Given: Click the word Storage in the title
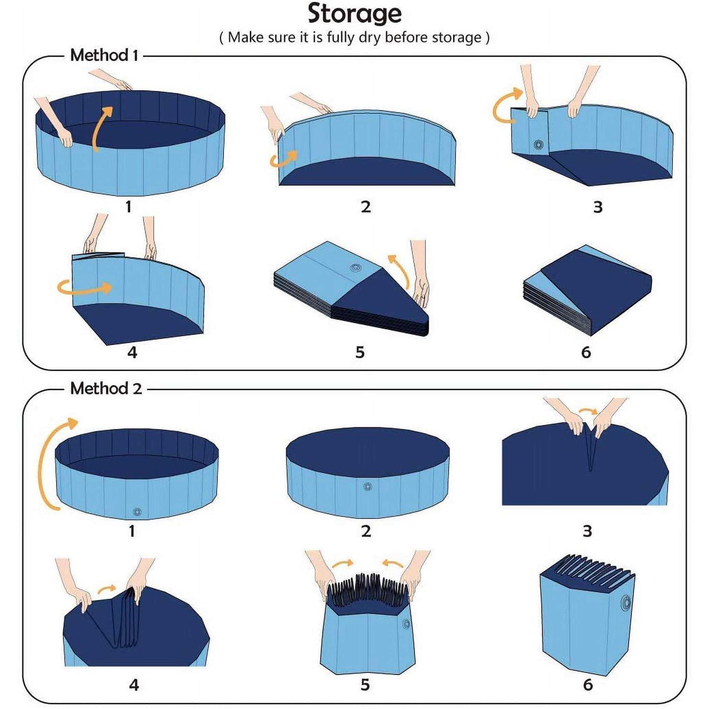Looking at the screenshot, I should pos(354,14).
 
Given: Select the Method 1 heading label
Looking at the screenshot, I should pos(104,55).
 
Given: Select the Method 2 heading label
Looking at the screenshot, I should pos(106,389).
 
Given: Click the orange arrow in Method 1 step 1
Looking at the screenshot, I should pos(101,127).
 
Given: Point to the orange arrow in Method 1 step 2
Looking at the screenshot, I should pos(284,159).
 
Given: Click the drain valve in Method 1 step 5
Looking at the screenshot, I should pos(356,268).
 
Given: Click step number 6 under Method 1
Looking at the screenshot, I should pos(586,352).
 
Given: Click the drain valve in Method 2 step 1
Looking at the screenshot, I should pos(137,511).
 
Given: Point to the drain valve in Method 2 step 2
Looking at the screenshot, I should pos(367,486).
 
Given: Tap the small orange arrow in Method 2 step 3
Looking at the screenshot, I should pos(588,411).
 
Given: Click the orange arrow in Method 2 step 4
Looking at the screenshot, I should pos(106,589).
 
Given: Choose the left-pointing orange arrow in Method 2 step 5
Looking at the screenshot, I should pos(393,563).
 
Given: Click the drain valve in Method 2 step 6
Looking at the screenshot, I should pos(625,603).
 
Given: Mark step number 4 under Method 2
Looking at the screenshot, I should pos(134,684).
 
